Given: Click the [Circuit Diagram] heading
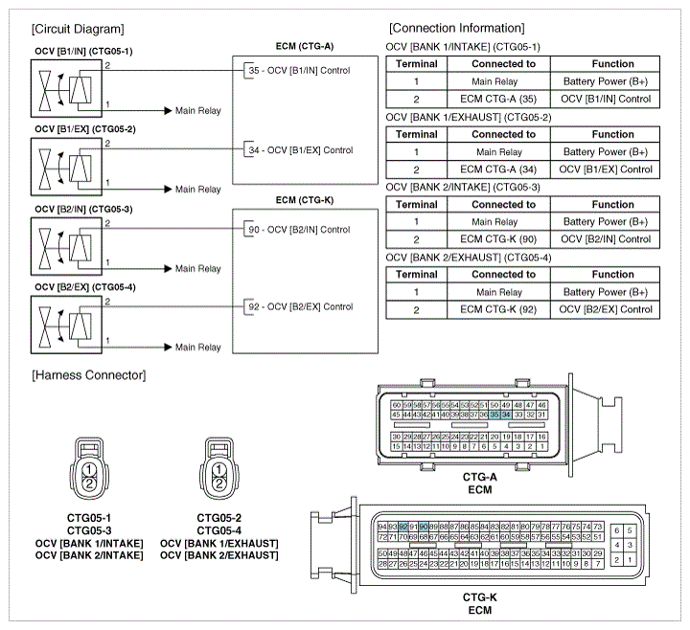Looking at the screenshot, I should pos(78,29).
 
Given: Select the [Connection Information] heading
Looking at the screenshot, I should pos(456,29).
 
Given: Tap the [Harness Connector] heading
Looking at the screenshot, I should pos(88,374).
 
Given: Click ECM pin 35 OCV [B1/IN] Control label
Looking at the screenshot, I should pos(299,70).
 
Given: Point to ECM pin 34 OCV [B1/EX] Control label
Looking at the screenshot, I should pos(299,150).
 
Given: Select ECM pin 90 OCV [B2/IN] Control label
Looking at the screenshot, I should pos(299,230).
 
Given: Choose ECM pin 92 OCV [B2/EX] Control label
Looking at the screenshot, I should pos(299,307).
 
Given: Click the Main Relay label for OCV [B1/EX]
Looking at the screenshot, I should pos(198,190).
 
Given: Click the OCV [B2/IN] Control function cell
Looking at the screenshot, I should pos(606,239).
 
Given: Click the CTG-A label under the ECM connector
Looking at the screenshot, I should pos(478,477).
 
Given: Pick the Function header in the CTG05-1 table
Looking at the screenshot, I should pos(606,64).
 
